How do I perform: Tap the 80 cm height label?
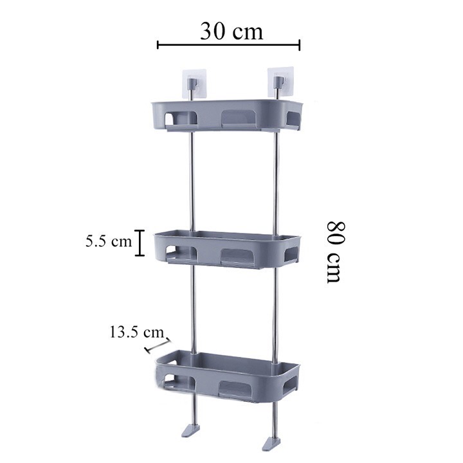334,251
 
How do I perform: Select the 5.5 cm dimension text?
108,242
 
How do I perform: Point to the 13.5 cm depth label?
136,332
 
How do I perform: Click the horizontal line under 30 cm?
229,45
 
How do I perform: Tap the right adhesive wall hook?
278,82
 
